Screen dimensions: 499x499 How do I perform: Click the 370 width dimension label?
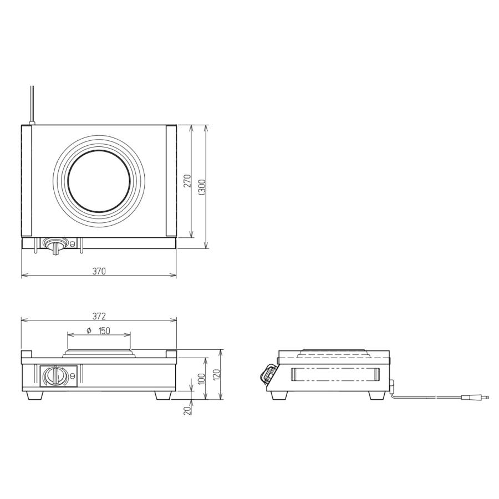pos(99,271)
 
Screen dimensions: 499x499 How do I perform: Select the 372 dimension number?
pos(99,317)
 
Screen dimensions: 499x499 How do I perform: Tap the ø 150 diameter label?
pos(99,331)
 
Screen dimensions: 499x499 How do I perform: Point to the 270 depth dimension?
pos(187,181)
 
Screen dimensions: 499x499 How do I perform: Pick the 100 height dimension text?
pos(202,378)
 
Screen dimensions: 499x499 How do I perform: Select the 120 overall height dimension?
pos(217,375)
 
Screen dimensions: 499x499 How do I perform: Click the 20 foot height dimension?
pos(188,409)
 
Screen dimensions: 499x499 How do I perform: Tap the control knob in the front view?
pos(54,376)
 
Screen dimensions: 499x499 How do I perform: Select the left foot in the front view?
pos(35,395)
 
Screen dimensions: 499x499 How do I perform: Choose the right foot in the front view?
pos(163,395)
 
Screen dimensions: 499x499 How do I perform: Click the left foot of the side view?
pos(277,395)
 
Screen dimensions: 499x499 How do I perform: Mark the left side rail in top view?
pos(27,181)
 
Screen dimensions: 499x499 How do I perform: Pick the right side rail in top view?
pos(171,181)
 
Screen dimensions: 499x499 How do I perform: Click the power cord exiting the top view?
pos(32,103)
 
